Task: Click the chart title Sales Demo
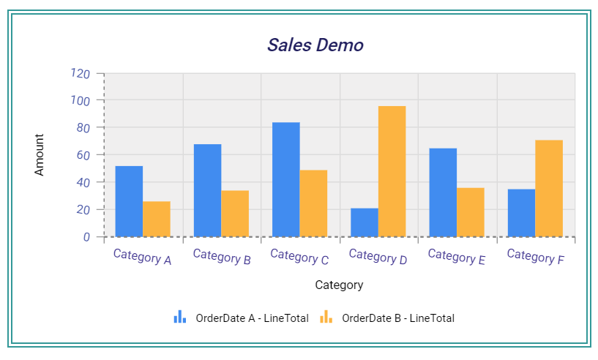(x=315, y=45)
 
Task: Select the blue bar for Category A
(x=129, y=201)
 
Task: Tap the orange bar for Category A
(x=157, y=219)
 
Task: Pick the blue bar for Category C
(x=285, y=179)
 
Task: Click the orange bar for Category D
(x=392, y=171)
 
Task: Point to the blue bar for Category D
(x=365, y=222)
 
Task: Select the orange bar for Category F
(x=549, y=188)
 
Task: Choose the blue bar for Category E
(x=443, y=192)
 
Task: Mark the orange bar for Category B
(x=235, y=214)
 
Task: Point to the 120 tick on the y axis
(x=80, y=73)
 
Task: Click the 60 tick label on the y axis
(x=83, y=155)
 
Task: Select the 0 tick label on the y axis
(x=86, y=237)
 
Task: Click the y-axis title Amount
(x=40, y=154)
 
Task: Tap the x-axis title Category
(x=339, y=285)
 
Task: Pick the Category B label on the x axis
(x=222, y=256)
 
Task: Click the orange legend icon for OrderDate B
(x=326, y=317)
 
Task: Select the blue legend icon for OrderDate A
(x=180, y=317)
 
